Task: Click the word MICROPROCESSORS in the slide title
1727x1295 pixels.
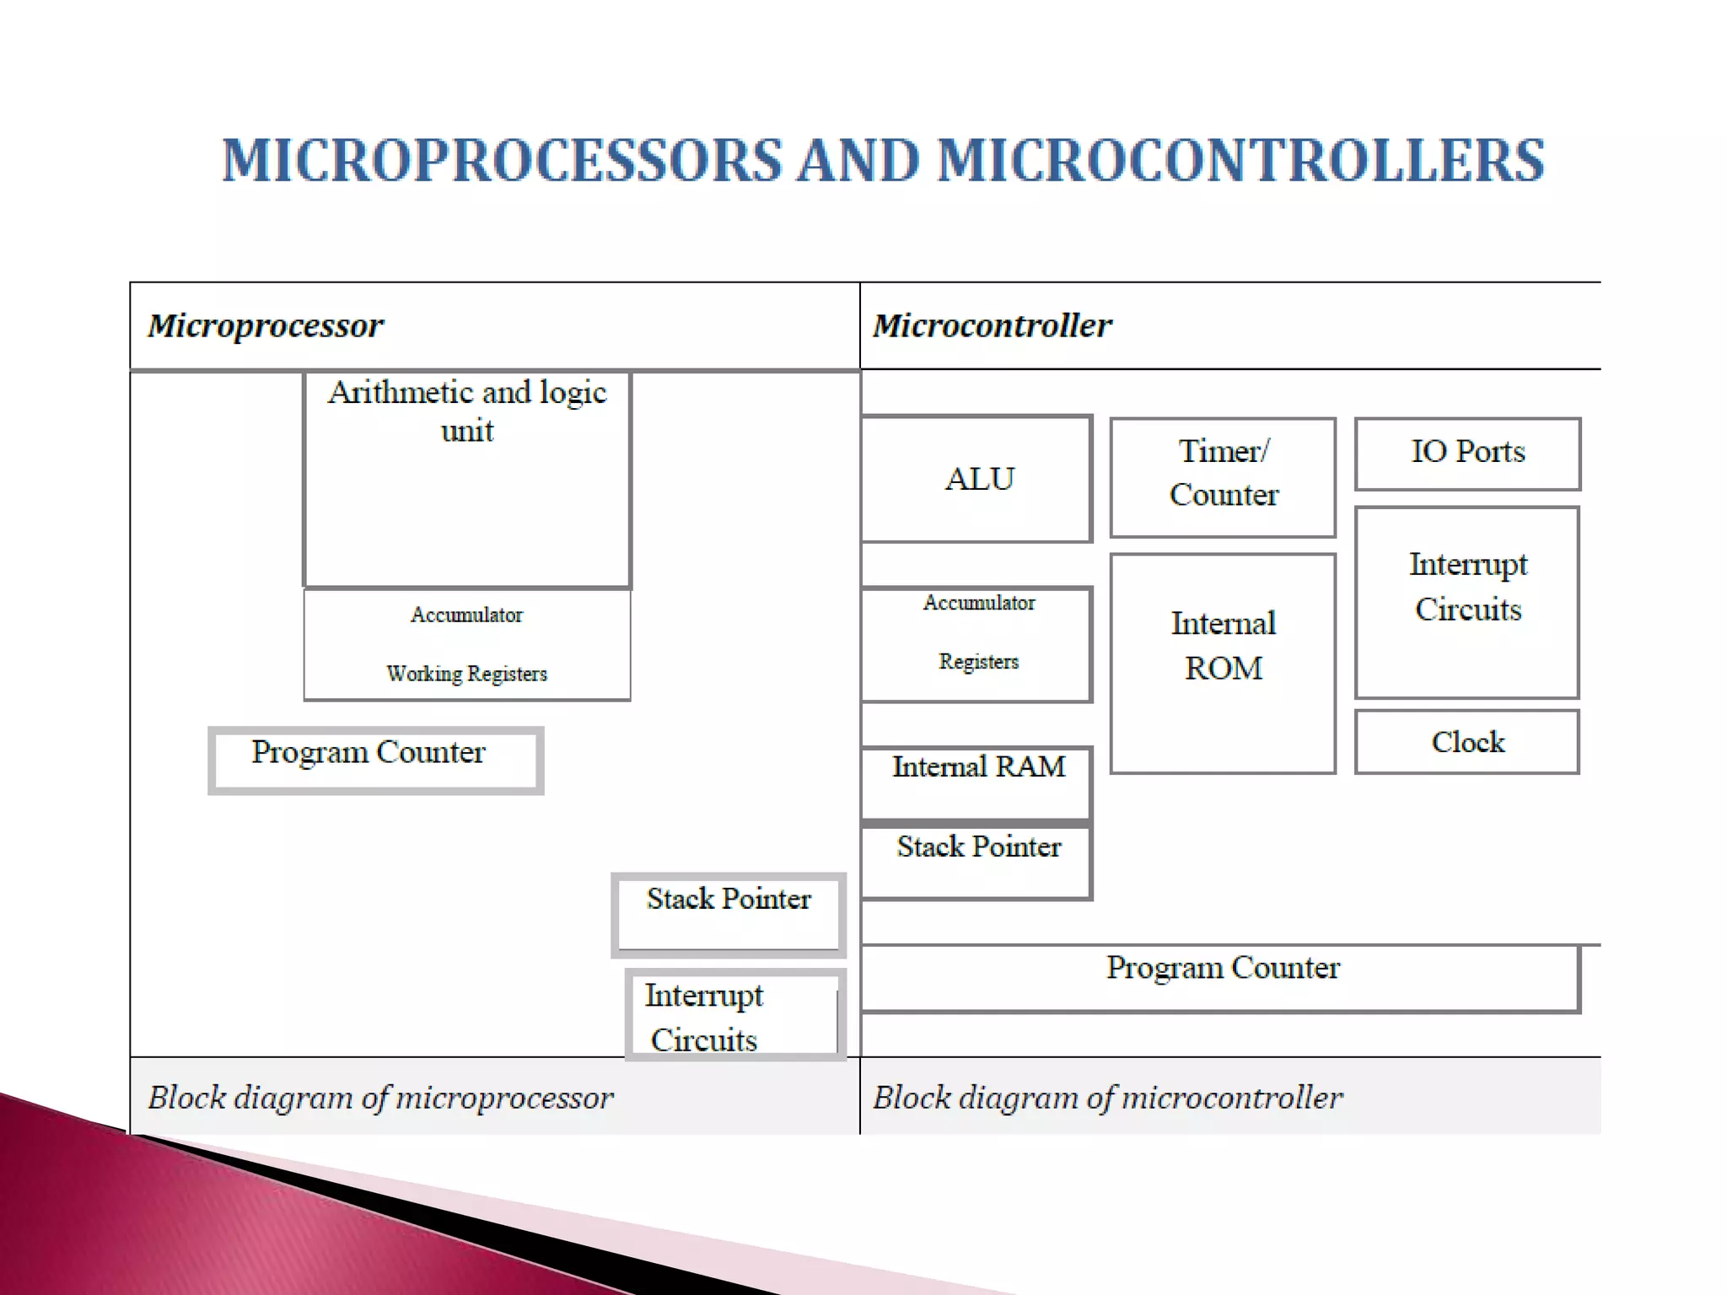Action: (x=501, y=160)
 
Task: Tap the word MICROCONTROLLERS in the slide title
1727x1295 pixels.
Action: (x=1240, y=160)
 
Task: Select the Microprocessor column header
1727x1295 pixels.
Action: (x=266, y=325)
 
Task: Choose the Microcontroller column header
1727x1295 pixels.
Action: (x=992, y=325)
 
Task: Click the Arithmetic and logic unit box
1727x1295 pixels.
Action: (x=467, y=479)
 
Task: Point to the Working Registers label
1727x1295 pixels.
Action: (x=467, y=674)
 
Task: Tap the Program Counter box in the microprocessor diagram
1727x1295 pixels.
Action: (x=375, y=760)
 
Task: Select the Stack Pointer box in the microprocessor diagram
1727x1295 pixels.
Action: (x=729, y=914)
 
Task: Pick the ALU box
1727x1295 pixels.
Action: (x=978, y=479)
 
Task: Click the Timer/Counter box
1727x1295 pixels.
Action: (x=1223, y=476)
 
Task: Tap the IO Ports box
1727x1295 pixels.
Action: (x=1467, y=453)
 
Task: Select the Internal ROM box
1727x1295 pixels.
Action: (x=1223, y=663)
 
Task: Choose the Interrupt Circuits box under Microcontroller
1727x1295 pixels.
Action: (x=1467, y=601)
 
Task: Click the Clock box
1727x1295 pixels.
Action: (x=1467, y=742)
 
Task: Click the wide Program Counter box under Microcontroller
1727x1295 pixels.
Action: (x=1221, y=977)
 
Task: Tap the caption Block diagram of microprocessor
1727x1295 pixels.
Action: (x=380, y=1097)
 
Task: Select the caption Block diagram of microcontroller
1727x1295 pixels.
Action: (x=1107, y=1097)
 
